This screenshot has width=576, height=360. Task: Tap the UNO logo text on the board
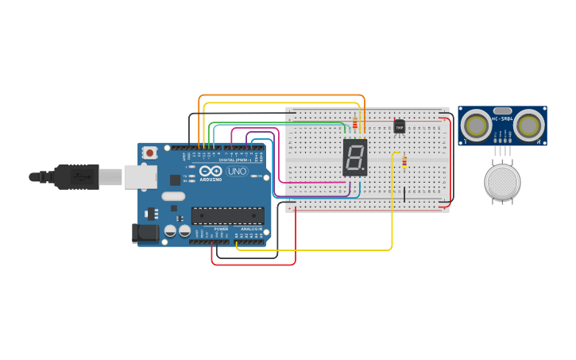[237, 171]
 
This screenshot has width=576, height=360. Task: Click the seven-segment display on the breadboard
[355, 157]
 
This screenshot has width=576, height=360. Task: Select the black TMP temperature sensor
[400, 126]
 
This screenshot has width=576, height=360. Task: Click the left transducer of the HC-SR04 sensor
[476, 126]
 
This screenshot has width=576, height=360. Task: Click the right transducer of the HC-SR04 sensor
[528, 126]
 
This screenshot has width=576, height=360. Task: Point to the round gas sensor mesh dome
[502, 182]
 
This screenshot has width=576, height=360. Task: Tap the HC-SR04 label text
[502, 118]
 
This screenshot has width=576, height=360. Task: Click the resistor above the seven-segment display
[355, 124]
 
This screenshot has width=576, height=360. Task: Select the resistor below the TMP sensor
[404, 162]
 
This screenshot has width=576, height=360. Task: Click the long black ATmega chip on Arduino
[227, 215]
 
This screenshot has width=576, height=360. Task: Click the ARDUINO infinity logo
[211, 172]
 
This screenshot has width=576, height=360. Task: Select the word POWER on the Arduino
[221, 229]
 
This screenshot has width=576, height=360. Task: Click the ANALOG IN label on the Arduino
[251, 229]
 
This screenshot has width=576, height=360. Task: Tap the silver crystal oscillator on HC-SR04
[502, 111]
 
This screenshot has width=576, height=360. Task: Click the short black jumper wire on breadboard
[404, 195]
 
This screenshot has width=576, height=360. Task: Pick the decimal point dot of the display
[363, 168]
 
